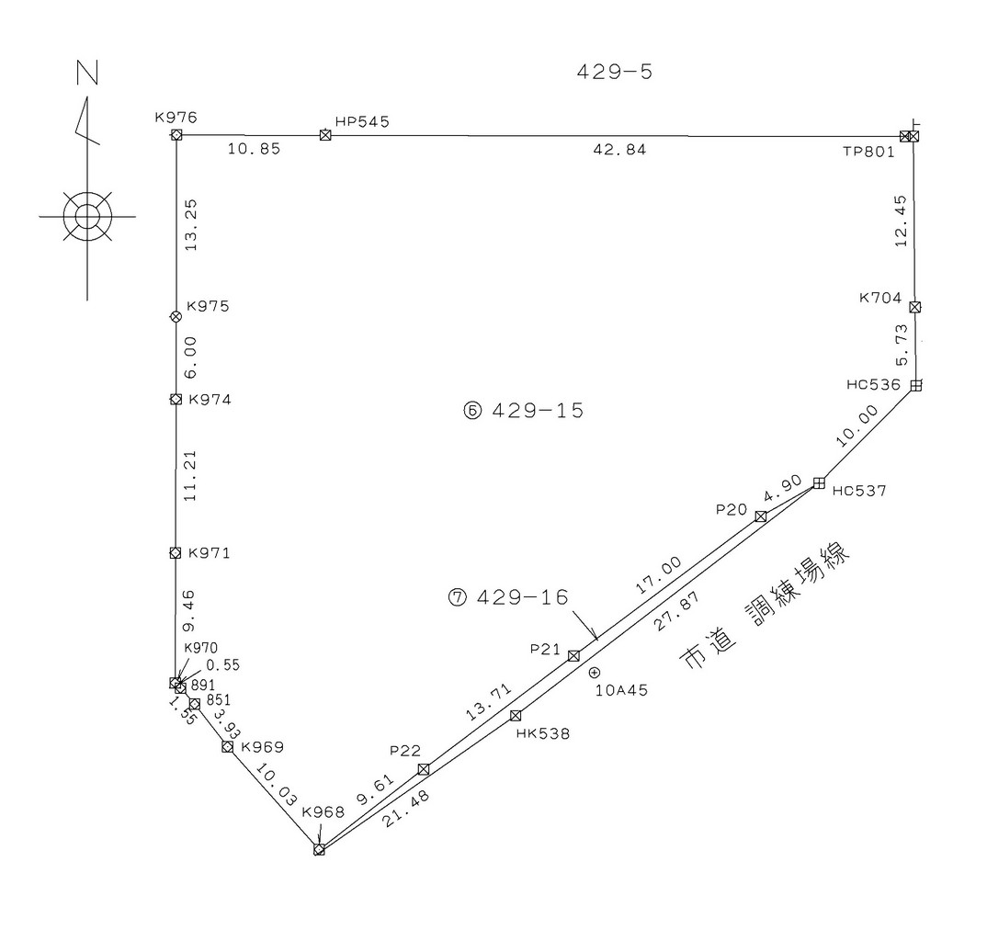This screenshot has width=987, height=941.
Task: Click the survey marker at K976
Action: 176,135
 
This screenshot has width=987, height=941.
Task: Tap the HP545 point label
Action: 362,121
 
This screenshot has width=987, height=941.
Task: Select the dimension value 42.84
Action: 619,150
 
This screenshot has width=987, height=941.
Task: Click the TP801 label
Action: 868,152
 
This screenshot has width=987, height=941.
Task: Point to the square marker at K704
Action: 915,307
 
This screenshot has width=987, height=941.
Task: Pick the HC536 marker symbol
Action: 916,385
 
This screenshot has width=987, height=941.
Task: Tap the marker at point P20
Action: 760,516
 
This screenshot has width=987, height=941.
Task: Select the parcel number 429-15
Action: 538,411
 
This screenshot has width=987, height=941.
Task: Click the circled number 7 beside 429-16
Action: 458,597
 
